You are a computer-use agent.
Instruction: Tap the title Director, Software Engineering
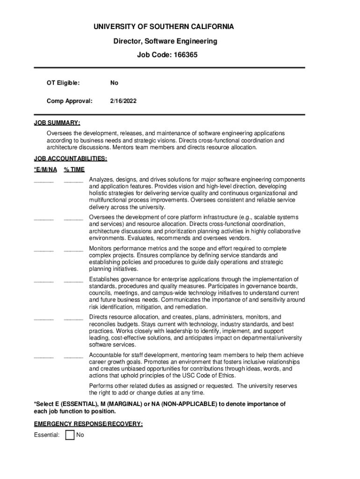[x=165, y=41]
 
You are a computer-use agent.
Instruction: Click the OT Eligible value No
[x=114, y=83]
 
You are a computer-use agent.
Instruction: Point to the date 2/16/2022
[x=123, y=101]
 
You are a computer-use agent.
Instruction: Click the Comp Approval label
[x=69, y=101]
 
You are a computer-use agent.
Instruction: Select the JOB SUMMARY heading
[x=57, y=123]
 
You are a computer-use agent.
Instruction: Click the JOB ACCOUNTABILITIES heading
[x=71, y=159]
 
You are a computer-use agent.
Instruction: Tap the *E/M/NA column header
[x=45, y=169]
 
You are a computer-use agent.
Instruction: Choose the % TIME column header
[x=74, y=169]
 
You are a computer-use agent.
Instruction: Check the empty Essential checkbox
[x=70, y=435]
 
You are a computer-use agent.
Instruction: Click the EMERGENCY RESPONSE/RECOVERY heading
[x=88, y=424]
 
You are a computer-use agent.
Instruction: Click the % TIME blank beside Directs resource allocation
[x=73, y=319]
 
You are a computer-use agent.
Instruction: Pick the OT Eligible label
[x=63, y=83]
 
